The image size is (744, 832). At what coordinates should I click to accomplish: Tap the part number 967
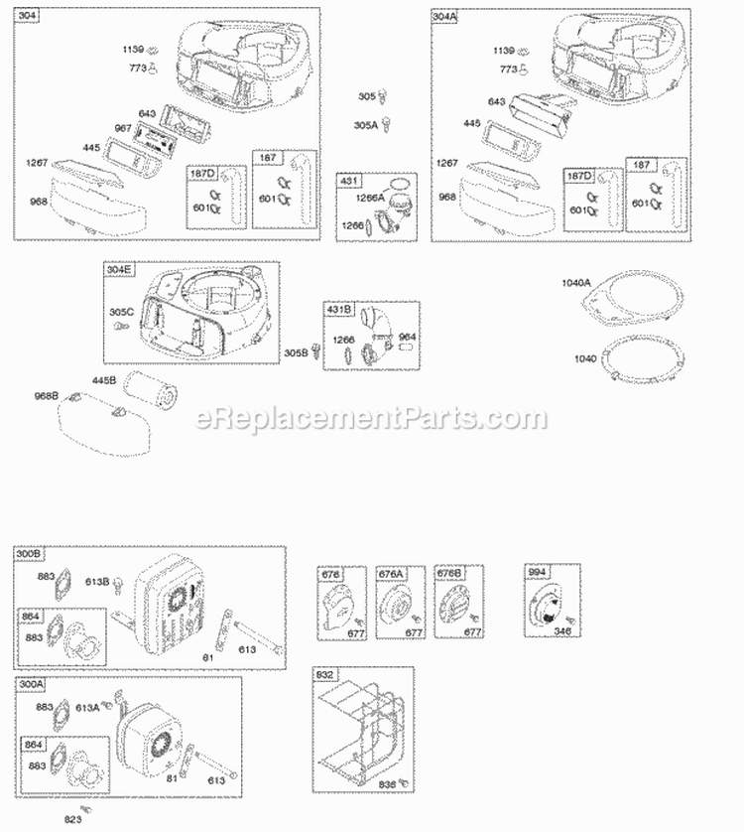pos(124,127)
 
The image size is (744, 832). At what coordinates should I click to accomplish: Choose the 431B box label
pos(337,309)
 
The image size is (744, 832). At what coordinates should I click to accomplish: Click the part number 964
pos(407,336)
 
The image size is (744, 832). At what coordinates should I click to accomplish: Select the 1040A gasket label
pos(575,283)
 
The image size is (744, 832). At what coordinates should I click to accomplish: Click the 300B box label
pos(28,553)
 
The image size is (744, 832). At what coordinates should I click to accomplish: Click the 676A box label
pos(389,573)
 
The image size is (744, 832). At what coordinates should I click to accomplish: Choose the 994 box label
pos(537,573)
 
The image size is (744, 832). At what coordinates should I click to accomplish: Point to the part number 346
pos(563,631)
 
